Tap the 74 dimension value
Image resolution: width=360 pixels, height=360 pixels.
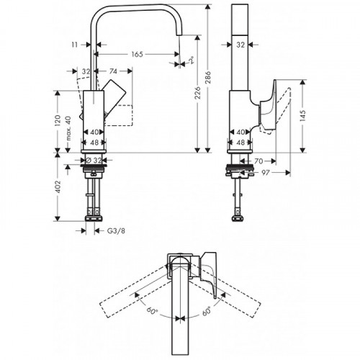(114, 72)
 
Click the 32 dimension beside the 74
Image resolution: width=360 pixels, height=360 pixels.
(86, 72)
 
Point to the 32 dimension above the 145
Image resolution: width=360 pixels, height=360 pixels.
(241, 45)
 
